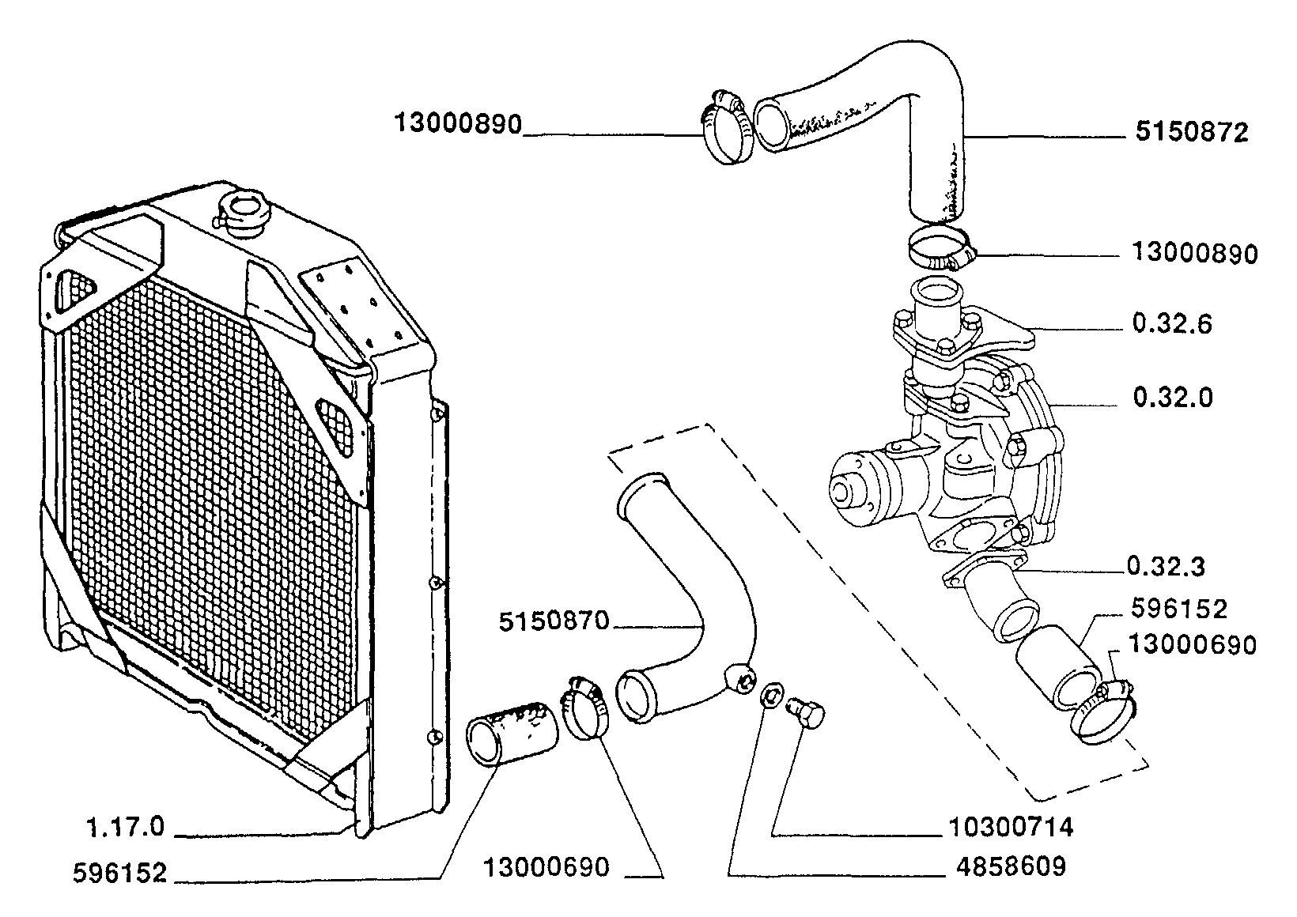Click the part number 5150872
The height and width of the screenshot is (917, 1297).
coord(1192,133)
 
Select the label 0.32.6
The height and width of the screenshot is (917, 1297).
coord(1172,324)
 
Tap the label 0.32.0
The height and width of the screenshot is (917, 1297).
coord(1173,398)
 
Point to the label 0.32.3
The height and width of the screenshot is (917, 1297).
coord(1167,567)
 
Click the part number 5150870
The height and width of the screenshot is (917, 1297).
coord(554,621)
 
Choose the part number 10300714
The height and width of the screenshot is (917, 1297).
coord(1012,827)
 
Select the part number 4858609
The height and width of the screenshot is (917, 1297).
coord(1011,866)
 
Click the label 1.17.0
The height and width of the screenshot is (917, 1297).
coord(126,827)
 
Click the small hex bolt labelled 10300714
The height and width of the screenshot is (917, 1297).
coord(806,714)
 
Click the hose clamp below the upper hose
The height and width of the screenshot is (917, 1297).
coord(941,249)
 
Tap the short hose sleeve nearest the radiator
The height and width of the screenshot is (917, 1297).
coord(512,734)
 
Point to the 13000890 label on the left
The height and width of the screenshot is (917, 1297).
coord(458,124)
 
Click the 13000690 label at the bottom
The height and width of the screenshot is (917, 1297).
coord(546,867)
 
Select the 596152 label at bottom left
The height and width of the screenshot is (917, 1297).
coord(120,873)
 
